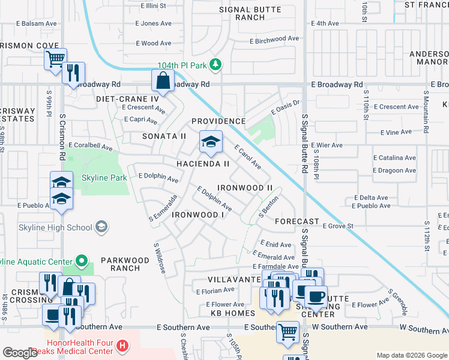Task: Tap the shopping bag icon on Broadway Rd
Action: pyautogui.click(x=163, y=80)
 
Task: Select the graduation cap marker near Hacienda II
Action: pyautogui.click(x=211, y=142)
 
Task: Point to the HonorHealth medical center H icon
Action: pyautogui.click(x=122, y=346)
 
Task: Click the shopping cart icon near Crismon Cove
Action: pyautogui.click(x=55, y=59)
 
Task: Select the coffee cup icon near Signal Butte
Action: pyautogui.click(x=316, y=296)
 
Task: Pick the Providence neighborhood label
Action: pyautogui.click(x=218, y=121)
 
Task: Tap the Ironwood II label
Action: pyautogui.click(x=244, y=188)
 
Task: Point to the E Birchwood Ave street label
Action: pyautogui.click(x=274, y=38)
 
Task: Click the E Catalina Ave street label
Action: pyautogui.click(x=394, y=158)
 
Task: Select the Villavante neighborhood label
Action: pyautogui.click(x=232, y=280)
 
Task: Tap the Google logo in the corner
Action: pyautogui.click(x=20, y=353)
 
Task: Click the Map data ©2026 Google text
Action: pyautogui.click(x=412, y=355)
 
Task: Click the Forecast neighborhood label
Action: pyautogui.click(x=297, y=221)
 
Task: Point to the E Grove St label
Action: pyautogui.click(x=339, y=226)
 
